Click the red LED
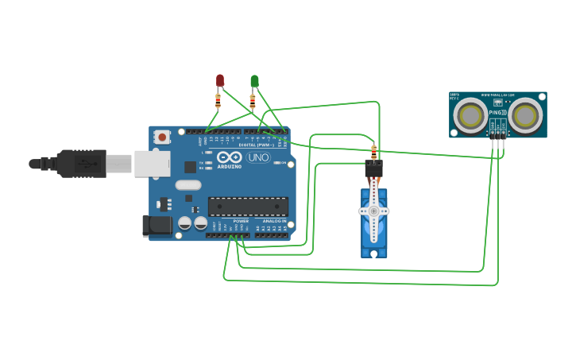pyautogui.click(x=220, y=80)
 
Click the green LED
pyautogui.click(x=254, y=80)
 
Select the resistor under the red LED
pyautogui.click(x=218, y=101)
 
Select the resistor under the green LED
pyautogui.click(x=253, y=101)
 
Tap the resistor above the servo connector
pyautogui.click(x=373, y=151)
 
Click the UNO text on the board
pyautogui.click(x=257, y=157)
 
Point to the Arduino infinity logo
pyautogui.click(x=230, y=157)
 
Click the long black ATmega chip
pyautogui.click(x=248, y=207)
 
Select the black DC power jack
pyautogui.click(x=157, y=226)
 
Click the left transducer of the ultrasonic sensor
pyautogui.click(x=470, y=116)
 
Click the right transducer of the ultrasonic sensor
pyautogui.click(x=525, y=116)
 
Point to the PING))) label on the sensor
pyautogui.click(x=497, y=113)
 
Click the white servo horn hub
pyautogui.click(x=373, y=211)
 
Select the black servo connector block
pyautogui.click(x=373, y=168)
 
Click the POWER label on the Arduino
pyautogui.click(x=241, y=221)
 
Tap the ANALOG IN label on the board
pyautogui.click(x=274, y=221)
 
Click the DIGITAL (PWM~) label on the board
pyautogui.click(x=256, y=145)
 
